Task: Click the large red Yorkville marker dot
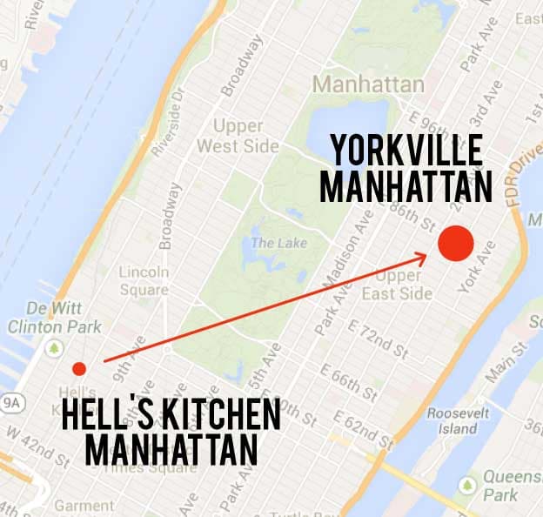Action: point(455,244)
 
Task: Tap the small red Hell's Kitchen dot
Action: point(79,368)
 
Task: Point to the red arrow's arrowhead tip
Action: point(426,254)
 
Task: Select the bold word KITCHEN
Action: point(215,416)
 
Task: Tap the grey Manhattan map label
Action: point(369,84)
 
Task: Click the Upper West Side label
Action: point(238,136)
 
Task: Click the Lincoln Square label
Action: point(144,280)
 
